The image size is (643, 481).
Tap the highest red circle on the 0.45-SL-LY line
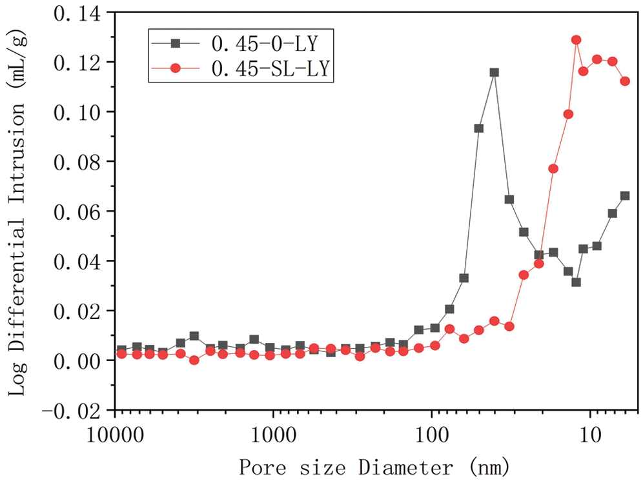(x=576, y=40)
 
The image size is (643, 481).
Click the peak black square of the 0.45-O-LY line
(x=495, y=72)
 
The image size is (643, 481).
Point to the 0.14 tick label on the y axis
(x=72, y=12)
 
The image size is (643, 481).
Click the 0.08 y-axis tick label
(x=72, y=162)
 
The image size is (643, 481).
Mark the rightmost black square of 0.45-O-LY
(x=625, y=195)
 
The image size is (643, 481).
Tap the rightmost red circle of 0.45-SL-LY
(x=625, y=81)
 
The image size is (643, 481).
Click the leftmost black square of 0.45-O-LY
(x=121, y=350)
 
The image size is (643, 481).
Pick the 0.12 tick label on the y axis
(x=72, y=62)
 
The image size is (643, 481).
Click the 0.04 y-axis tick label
(x=72, y=261)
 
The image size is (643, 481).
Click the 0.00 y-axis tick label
(x=72, y=360)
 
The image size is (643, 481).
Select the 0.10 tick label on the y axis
(x=72, y=112)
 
